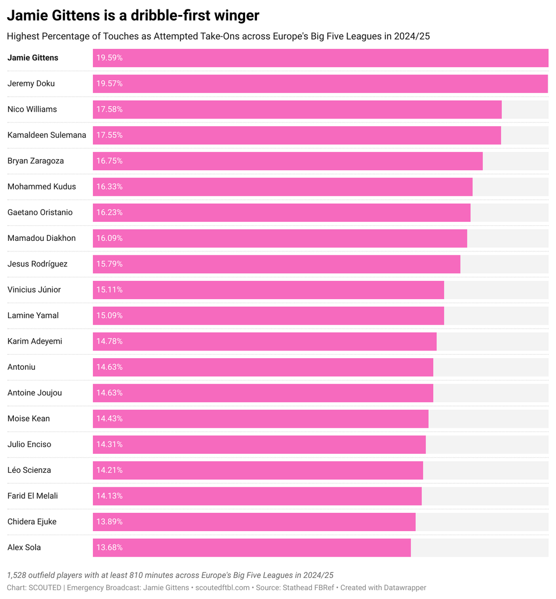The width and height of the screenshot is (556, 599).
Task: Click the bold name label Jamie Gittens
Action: tap(33, 58)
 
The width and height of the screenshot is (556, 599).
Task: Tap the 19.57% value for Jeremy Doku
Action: tap(110, 83)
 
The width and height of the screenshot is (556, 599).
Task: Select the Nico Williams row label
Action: tap(32, 109)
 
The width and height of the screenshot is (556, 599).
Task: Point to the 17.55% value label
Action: tap(110, 135)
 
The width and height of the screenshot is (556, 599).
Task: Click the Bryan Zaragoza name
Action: tap(36, 161)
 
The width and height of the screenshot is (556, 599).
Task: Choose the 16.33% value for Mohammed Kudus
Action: tap(110, 186)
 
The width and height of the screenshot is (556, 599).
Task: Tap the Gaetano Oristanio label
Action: tap(40, 212)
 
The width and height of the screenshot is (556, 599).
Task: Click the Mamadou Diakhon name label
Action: tap(42, 238)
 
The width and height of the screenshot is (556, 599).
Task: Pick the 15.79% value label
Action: tap(110, 264)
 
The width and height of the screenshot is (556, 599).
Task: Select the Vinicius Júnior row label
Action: tap(34, 290)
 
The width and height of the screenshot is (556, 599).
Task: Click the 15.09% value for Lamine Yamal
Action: tap(110, 315)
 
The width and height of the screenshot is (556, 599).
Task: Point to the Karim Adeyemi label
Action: tap(34, 341)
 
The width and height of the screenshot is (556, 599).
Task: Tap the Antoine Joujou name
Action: tap(34, 393)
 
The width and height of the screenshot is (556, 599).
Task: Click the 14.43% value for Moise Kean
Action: tap(110, 418)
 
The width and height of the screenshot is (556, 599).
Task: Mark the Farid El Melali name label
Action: tap(33, 496)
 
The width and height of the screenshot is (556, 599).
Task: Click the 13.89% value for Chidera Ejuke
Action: tap(110, 522)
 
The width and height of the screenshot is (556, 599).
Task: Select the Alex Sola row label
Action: tap(24, 547)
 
